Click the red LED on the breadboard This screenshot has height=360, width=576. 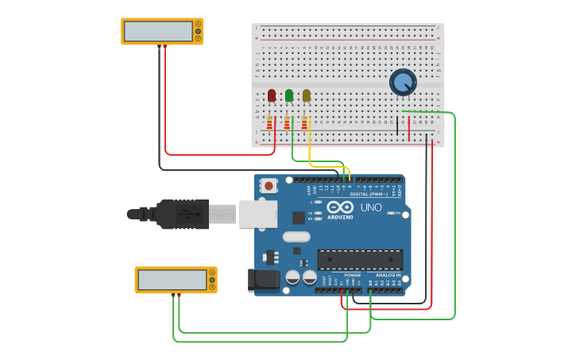[x=272, y=96]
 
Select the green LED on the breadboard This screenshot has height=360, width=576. [x=289, y=96]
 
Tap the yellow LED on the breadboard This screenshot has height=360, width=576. [x=307, y=96]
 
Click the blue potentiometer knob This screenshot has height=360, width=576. [x=403, y=82]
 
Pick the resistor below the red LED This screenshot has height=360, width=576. [x=269, y=122]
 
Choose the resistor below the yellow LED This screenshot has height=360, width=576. [x=304, y=122]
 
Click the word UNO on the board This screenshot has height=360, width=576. [x=371, y=207]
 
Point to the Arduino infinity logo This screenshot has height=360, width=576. [x=340, y=207]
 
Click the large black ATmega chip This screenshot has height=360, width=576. [x=360, y=259]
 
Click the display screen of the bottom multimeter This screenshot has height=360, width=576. [x=172, y=280]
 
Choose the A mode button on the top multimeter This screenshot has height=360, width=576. [x=199, y=24]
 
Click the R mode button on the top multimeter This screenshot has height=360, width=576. [x=199, y=38]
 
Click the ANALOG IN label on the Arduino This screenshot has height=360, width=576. [x=388, y=275]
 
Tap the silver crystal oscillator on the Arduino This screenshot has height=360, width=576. [x=296, y=236]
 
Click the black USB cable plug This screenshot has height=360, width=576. [x=183, y=215]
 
